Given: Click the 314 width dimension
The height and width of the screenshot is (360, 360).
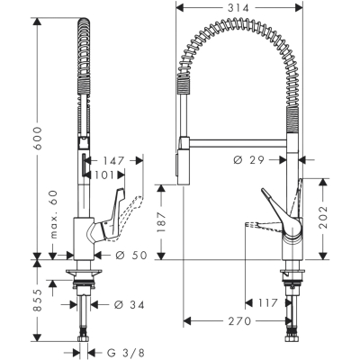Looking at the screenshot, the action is [238, 8].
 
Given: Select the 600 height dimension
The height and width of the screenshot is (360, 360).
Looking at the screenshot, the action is [38, 139].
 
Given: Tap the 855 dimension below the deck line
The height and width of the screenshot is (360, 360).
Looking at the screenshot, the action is [38, 301].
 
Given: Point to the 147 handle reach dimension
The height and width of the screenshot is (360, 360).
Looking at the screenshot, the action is [113, 161].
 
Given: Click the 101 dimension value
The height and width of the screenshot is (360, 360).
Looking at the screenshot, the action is [104, 175].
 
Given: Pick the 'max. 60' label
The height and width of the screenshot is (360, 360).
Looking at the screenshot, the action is [53, 214].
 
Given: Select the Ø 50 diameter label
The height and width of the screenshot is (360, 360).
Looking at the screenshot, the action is [131, 256].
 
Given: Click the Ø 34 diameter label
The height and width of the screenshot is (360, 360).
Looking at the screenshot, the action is [130, 305].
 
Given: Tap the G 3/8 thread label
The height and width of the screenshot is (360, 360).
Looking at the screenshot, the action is [124, 353].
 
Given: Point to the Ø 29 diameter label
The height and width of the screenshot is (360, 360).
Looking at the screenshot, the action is [248, 160].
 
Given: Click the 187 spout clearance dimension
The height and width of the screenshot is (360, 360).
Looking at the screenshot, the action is [161, 222].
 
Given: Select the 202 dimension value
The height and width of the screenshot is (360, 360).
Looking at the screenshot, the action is [323, 217].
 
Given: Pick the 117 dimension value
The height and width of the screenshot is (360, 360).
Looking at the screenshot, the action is [266, 303].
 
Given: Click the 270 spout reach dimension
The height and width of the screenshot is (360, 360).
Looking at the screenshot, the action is [239, 321].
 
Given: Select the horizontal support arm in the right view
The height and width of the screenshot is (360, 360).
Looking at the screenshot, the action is [238, 143].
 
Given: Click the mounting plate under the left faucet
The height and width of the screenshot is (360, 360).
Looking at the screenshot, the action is [84, 273].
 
